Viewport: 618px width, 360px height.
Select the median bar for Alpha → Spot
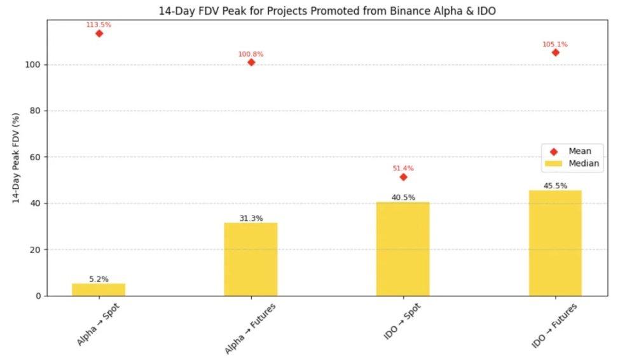point(99,289)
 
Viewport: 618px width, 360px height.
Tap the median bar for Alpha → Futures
point(251,259)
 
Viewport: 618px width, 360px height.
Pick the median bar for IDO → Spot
point(403,249)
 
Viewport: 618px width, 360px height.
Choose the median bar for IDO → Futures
point(555,243)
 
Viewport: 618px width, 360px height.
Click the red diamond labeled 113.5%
point(99,33)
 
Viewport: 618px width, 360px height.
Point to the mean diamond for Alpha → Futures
point(251,62)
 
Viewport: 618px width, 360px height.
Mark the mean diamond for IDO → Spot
point(403,177)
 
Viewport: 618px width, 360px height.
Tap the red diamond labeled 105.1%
point(555,52)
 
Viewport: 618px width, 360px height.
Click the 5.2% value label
point(99,279)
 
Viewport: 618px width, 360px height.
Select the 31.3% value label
point(251,218)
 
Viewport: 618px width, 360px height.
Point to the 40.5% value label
point(403,197)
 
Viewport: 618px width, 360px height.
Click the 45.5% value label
point(555,186)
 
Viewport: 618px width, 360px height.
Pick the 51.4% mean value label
point(403,169)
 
